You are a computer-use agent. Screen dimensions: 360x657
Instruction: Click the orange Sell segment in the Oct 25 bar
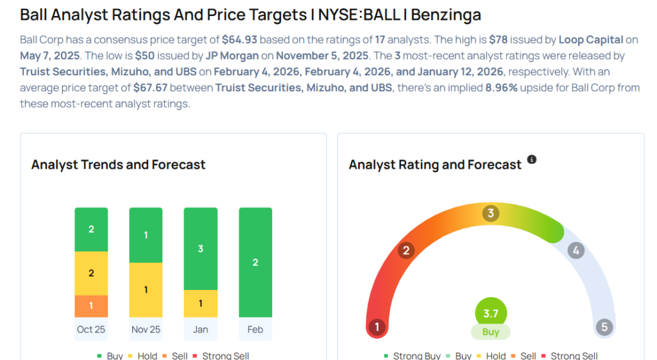(91, 306)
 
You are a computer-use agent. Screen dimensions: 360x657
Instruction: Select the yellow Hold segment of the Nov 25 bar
(146, 290)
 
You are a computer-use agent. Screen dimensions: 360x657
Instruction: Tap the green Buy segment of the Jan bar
(200, 248)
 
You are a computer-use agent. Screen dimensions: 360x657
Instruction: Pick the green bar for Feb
(255, 262)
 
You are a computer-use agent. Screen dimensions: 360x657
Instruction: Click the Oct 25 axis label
(91, 329)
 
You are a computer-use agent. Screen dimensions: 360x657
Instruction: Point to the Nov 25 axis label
(146, 329)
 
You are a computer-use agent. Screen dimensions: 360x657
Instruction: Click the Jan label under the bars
(200, 329)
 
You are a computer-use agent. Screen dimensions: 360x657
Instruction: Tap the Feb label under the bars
(255, 329)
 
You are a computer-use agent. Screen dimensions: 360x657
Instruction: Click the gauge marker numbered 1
(377, 328)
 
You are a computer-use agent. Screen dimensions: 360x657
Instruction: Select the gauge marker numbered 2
(405, 250)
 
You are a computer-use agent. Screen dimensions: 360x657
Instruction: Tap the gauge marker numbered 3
(491, 213)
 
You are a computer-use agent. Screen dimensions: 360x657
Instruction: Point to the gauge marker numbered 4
(576, 250)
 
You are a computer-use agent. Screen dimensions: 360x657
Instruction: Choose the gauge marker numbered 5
(604, 328)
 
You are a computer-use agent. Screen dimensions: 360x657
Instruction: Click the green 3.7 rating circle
(491, 314)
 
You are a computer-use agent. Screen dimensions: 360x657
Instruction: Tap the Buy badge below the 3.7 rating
(491, 332)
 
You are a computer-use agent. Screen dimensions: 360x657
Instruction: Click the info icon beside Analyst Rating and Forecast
(531, 159)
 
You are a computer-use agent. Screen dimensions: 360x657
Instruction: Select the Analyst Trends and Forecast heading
(118, 165)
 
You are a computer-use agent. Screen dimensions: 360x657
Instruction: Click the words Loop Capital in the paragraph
(590, 40)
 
